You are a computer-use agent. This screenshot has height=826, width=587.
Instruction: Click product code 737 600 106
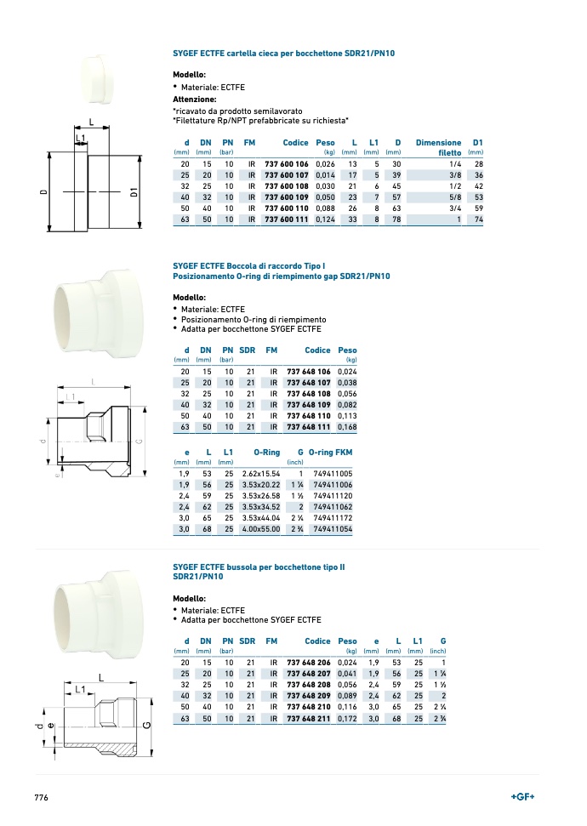click(x=286, y=164)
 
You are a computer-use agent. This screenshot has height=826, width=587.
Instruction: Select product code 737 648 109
click(x=308, y=405)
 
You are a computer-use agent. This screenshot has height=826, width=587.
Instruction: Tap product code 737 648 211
click(x=308, y=718)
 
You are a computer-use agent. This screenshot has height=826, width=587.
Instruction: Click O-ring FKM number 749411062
click(x=333, y=507)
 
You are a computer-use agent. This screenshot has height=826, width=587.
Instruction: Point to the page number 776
click(x=41, y=798)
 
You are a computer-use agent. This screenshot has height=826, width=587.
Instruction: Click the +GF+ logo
click(x=522, y=796)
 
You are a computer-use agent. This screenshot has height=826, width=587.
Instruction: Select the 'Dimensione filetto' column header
click(x=438, y=147)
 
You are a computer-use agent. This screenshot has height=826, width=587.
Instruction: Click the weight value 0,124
click(x=325, y=219)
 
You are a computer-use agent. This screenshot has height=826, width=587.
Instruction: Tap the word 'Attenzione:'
click(x=195, y=99)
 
